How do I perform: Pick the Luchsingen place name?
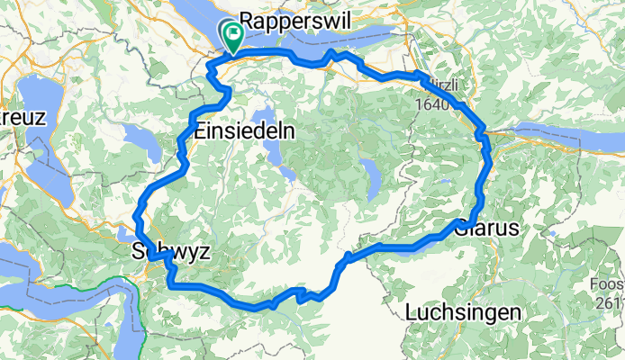[x=464, y=312]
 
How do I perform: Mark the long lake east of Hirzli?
[x=567, y=138]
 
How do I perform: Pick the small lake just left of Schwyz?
[x=125, y=236]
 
